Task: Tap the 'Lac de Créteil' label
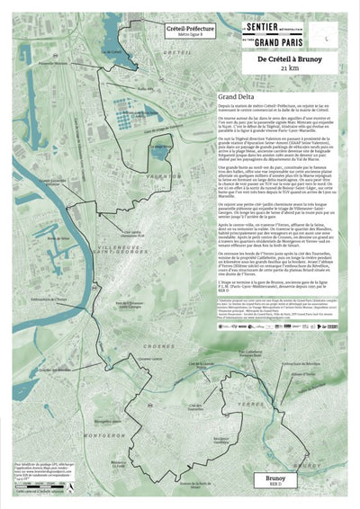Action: [110, 53]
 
